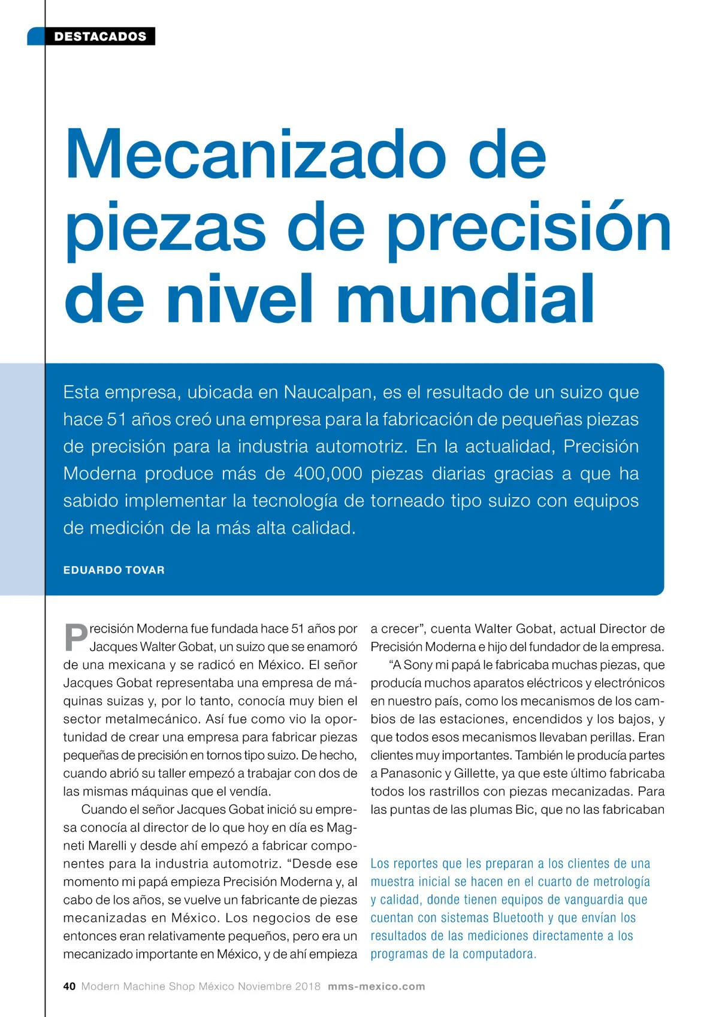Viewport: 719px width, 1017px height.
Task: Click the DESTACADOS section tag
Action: pyautogui.click(x=99, y=37)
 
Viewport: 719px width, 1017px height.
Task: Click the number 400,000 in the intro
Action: pyautogui.click(x=328, y=474)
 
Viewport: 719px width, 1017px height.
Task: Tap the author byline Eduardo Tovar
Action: pyautogui.click(x=114, y=570)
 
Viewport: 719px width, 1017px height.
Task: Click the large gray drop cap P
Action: pyautogui.click(x=75, y=638)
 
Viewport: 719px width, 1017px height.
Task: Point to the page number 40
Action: pyautogui.click(x=70, y=986)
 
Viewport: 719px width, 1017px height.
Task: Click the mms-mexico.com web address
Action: pyautogui.click(x=376, y=986)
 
